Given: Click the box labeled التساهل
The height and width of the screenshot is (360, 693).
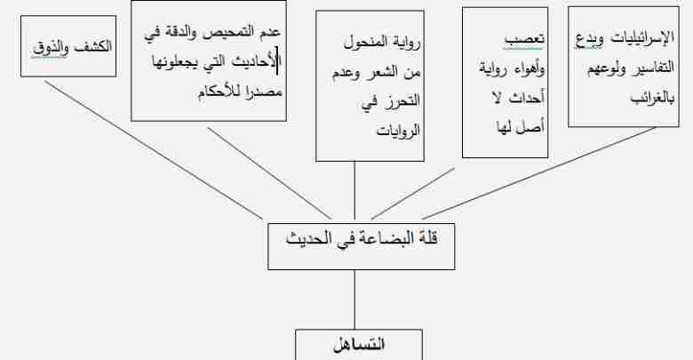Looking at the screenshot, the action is point(359,345).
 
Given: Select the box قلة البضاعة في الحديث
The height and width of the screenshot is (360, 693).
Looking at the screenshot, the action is point(361,246).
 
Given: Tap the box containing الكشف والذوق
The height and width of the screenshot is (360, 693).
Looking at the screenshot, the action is point(68,46).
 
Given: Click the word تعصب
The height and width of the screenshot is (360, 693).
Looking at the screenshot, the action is point(524,39).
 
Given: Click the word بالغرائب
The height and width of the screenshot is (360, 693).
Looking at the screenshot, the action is point(652,98).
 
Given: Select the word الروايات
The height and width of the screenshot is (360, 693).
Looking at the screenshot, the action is point(398,131).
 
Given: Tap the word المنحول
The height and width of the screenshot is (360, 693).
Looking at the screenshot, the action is point(365,44).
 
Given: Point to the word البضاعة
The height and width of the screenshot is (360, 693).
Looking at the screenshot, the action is point(375,238).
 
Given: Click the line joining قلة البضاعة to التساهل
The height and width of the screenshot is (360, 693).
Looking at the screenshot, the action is point(354,300).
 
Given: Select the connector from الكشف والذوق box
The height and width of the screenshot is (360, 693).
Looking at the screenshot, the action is point(154,149).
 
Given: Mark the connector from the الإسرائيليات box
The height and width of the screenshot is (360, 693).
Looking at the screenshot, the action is point(539,173).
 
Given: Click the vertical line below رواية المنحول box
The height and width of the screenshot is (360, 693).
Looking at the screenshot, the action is point(354,190).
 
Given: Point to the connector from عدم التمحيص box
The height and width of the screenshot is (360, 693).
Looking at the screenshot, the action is point(269,173).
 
